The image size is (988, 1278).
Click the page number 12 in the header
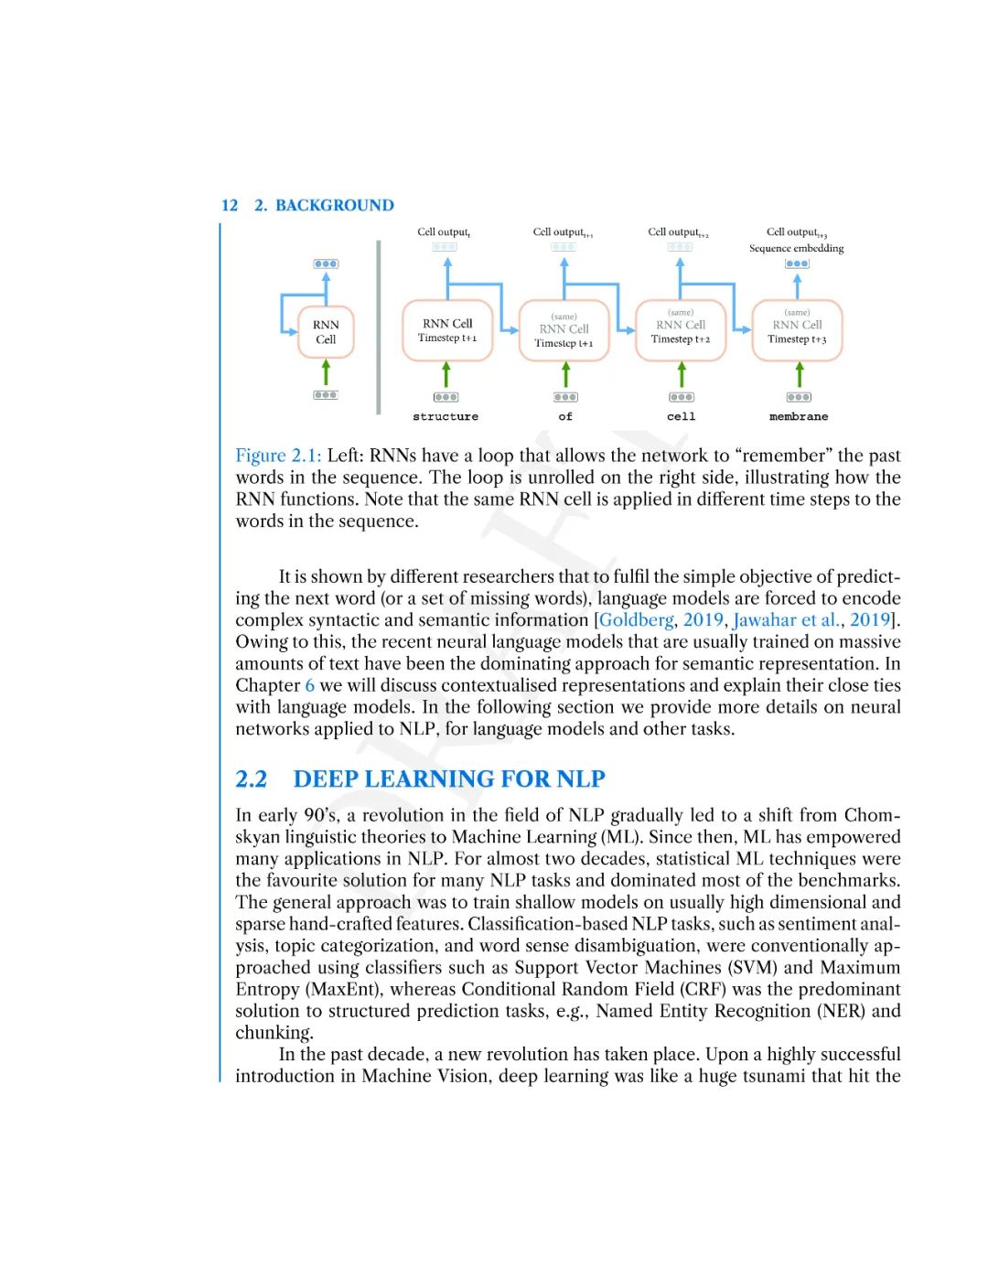tap(229, 205)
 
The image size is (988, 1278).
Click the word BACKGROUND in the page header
tap(335, 205)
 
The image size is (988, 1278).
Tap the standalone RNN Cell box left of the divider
tap(326, 331)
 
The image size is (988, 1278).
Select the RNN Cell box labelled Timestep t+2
tap(681, 330)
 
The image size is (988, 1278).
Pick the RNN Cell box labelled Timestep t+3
tap(797, 330)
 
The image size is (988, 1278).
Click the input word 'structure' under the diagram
tap(446, 416)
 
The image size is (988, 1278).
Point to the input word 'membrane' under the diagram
tap(799, 416)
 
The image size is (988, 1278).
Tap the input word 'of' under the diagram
tap(565, 416)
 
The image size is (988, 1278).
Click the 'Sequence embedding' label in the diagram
tap(796, 248)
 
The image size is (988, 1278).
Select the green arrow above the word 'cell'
tap(682, 374)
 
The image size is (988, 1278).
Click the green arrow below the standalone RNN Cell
tap(326, 372)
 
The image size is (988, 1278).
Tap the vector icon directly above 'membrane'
tap(799, 397)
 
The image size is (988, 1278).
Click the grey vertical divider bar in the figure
tap(378, 328)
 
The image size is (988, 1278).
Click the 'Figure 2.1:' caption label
tap(278, 456)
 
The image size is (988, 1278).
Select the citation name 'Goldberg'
tap(637, 620)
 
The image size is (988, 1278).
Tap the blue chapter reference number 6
tap(310, 685)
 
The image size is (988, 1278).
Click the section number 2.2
tap(252, 779)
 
